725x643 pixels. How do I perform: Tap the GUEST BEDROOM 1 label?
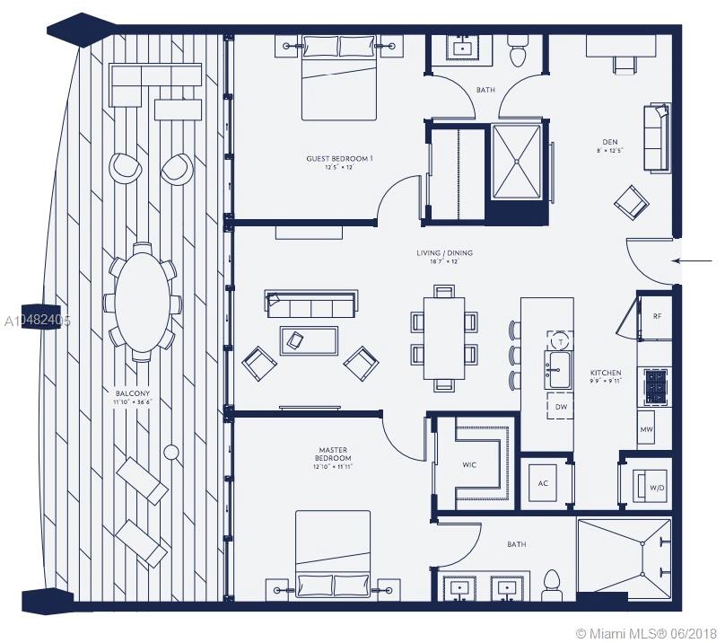(338, 159)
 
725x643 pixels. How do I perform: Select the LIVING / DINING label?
(443, 253)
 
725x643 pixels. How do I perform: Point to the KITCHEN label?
(605, 373)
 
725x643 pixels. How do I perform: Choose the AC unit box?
(543, 482)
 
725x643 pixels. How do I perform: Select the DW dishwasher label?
(562, 406)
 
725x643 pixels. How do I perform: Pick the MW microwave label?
(646, 429)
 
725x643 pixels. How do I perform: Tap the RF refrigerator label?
(657, 316)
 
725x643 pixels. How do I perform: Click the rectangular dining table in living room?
(444, 337)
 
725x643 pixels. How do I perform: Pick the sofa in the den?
(657, 137)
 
